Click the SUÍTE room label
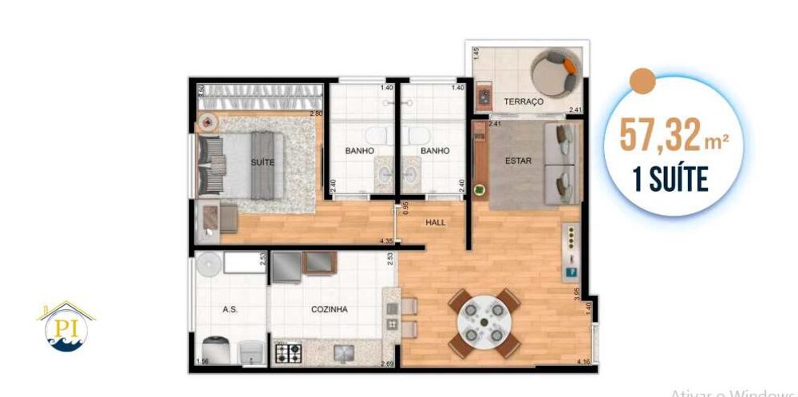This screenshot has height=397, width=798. (263, 162)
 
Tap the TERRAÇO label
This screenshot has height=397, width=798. (523, 102)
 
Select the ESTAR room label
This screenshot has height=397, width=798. (518, 161)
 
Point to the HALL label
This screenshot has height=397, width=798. (436, 224)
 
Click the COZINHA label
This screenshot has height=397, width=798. (330, 310)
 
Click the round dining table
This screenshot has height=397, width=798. (484, 323)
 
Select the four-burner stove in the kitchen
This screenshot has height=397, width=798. (286, 352)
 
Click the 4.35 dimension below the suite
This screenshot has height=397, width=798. (386, 241)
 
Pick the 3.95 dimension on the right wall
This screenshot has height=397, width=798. (576, 294)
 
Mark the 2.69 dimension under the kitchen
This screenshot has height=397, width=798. (388, 364)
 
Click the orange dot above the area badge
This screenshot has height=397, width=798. (642, 80)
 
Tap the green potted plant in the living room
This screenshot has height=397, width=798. (479, 191)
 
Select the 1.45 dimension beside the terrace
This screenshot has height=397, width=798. (476, 54)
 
